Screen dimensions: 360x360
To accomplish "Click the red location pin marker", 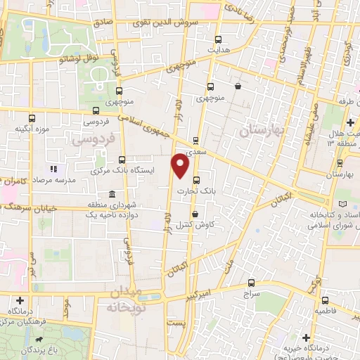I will pyautogui.click(x=181, y=166).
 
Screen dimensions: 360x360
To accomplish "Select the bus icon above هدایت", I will pyautogui.click(x=218, y=39).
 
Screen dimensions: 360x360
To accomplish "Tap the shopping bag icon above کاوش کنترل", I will pyautogui.click(x=195, y=214).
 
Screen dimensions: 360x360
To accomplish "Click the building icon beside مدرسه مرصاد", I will pyautogui.click(x=52, y=169).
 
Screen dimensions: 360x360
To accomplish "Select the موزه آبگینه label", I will pyautogui.click(x=32, y=129).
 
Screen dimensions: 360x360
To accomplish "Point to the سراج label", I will pyautogui.click(x=252, y=292).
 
